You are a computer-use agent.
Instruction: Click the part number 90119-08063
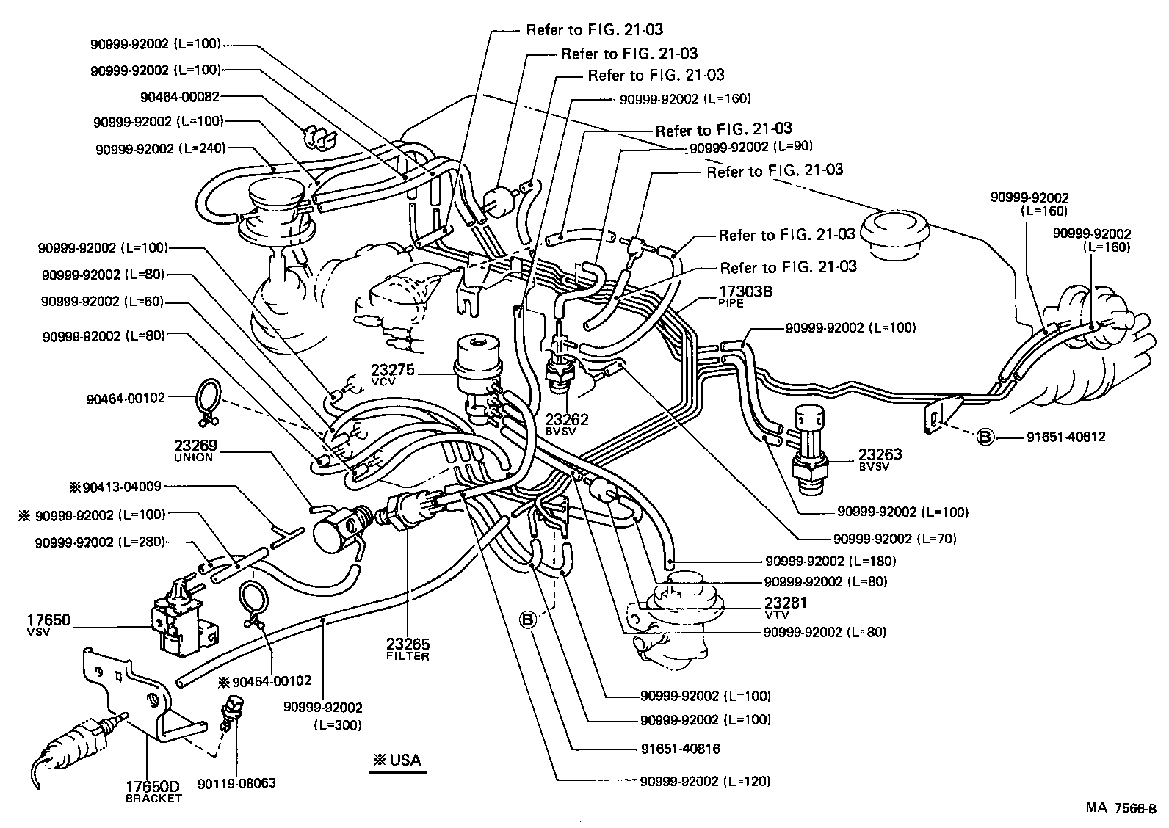[236, 783]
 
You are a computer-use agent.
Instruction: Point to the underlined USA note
[397, 760]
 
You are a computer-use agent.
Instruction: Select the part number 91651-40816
[680, 749]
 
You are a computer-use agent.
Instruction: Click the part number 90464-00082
[179, 95]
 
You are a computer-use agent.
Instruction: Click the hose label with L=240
[159, 148]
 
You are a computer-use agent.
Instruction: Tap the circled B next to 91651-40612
[985, 437]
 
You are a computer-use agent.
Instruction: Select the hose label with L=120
[705, 781]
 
